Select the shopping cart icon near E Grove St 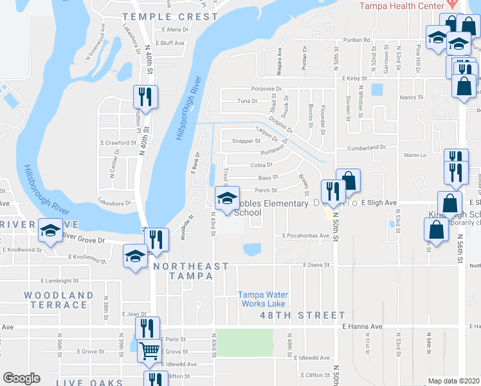(149, 351)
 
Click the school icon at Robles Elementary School (226, 199)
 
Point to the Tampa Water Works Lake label (263, 299)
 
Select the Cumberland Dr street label (367, 147)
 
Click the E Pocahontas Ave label (306, 235)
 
